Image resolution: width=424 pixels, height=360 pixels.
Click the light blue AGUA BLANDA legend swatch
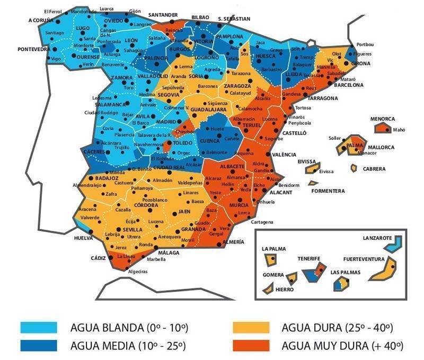click(39, 327)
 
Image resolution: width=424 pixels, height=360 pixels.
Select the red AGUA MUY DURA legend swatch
click(251, 346)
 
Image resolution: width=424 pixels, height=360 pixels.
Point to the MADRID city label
click(166, 121)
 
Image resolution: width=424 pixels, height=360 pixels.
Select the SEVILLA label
click(132, 230)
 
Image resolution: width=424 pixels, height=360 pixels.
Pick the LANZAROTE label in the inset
click(377, 238)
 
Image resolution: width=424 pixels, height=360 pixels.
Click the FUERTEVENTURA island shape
click(383, 270)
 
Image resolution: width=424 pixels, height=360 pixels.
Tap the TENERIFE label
click(308, 258)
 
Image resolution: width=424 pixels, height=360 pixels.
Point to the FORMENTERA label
click(328, 191)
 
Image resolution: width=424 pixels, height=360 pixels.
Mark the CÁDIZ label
click(98, 258)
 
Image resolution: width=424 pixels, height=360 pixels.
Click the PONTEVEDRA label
click(33, 49)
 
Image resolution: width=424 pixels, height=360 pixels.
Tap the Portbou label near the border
click(366, 44)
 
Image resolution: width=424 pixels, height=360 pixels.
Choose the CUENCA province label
click(209, 141)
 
